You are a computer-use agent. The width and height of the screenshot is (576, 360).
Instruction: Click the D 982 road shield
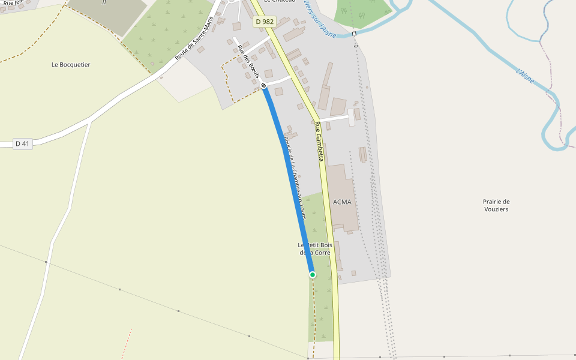265,22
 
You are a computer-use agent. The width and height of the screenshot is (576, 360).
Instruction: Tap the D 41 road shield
22,143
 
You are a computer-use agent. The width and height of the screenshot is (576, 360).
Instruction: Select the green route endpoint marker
313,275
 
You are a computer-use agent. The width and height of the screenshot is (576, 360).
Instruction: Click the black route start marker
263,85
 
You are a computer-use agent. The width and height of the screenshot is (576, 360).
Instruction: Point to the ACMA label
341,202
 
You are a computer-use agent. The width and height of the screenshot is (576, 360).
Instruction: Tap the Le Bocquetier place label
71,65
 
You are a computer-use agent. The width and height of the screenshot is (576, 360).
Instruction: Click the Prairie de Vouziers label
496,205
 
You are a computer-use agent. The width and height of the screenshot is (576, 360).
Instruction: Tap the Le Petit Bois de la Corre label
315,249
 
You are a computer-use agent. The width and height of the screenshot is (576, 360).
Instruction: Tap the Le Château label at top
279,2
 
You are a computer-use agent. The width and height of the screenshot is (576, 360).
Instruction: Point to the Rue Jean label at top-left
12,3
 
